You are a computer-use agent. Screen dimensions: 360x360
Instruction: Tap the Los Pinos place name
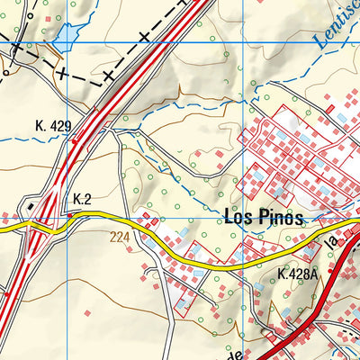click(x=262, y=219)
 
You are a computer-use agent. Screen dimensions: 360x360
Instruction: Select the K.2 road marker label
click(x=83, y=199)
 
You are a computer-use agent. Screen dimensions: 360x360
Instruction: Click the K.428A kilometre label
click(x=298, y=274)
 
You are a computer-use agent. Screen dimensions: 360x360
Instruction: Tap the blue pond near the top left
click(x=66, y=37)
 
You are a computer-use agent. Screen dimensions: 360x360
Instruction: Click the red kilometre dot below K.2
click(x=70, y=216)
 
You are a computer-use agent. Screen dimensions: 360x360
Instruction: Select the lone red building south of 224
click(x=87, y=312)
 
